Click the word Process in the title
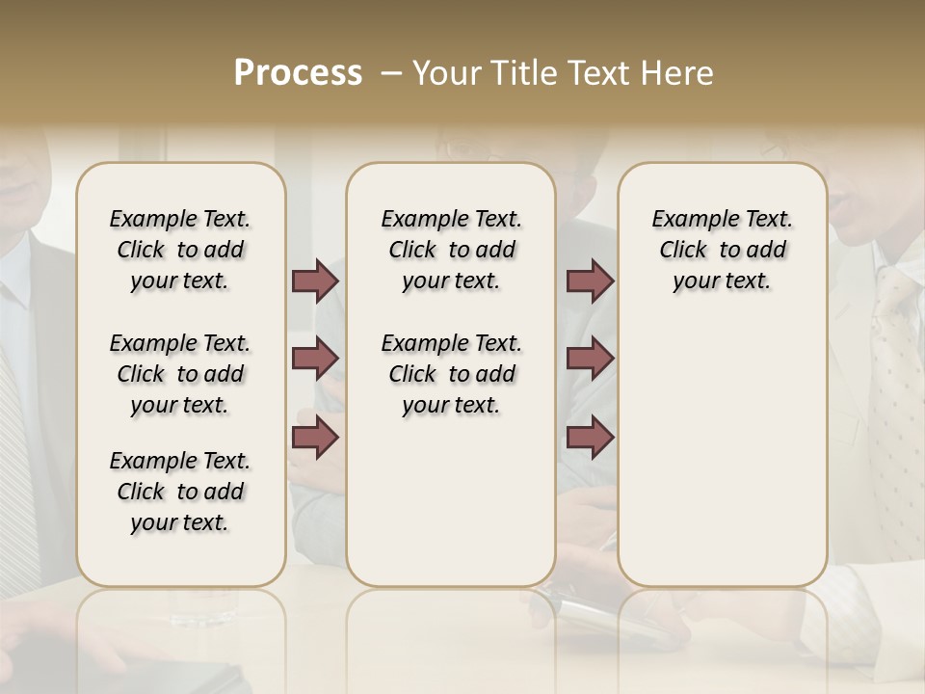pyautogui.click(x=298, y=73)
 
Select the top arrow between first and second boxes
pyautogui.click(x=315, y=280)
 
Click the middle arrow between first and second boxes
pyautogui.click(x=315, y=359)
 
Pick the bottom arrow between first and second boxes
pyautogui.click(x=315, y=437)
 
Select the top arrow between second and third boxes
pyautogui.click(x=590, y=280)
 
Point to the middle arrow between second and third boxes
pyautogui.click(x=590, y=359)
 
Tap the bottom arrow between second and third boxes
pyautogui.click(x=590, y=437)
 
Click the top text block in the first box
pyautogui.click(x=180, y=250)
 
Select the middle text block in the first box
pyautogui.click(x=180, y=374)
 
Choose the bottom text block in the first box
pyautogui.click(x=180, y=492)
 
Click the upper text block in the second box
pyautogui.click(x=451, y=250)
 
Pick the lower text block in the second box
pyautogui.click(x=451, y=374)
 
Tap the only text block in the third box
pyautogui.click(x=722, y=250)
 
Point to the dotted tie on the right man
pyautogui.click(x=896, y=366)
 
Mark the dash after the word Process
pyautogui.click(x=390, y=74)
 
